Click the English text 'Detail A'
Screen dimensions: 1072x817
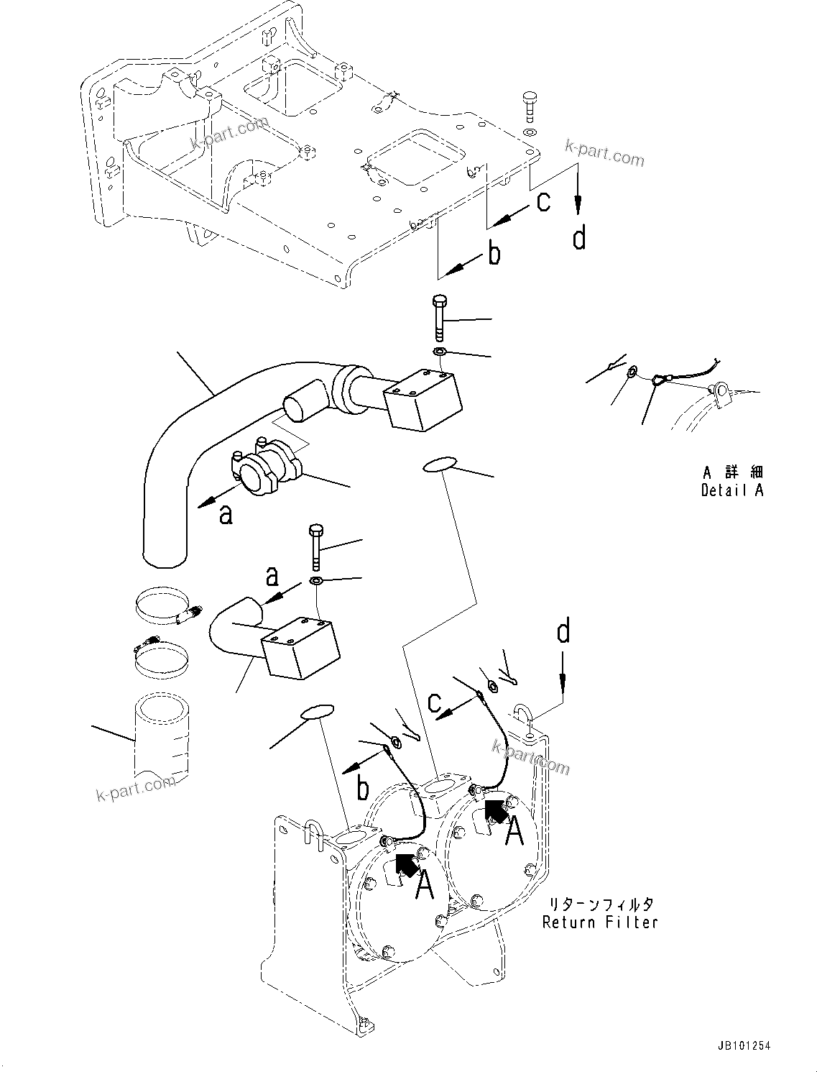pyautogui.click(x=731, y=490)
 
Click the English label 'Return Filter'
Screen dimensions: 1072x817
pyautogui.click(x=600, y=922)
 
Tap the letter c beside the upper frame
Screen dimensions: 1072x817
pyautogui.click(x=543, y=201)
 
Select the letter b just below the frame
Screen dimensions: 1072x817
pyautogui.click(x=494, y=254)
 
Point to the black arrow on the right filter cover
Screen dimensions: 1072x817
pyautogui.click(x=496, y=811)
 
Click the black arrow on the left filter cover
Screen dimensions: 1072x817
pyautogui.click(x=407, y=863)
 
